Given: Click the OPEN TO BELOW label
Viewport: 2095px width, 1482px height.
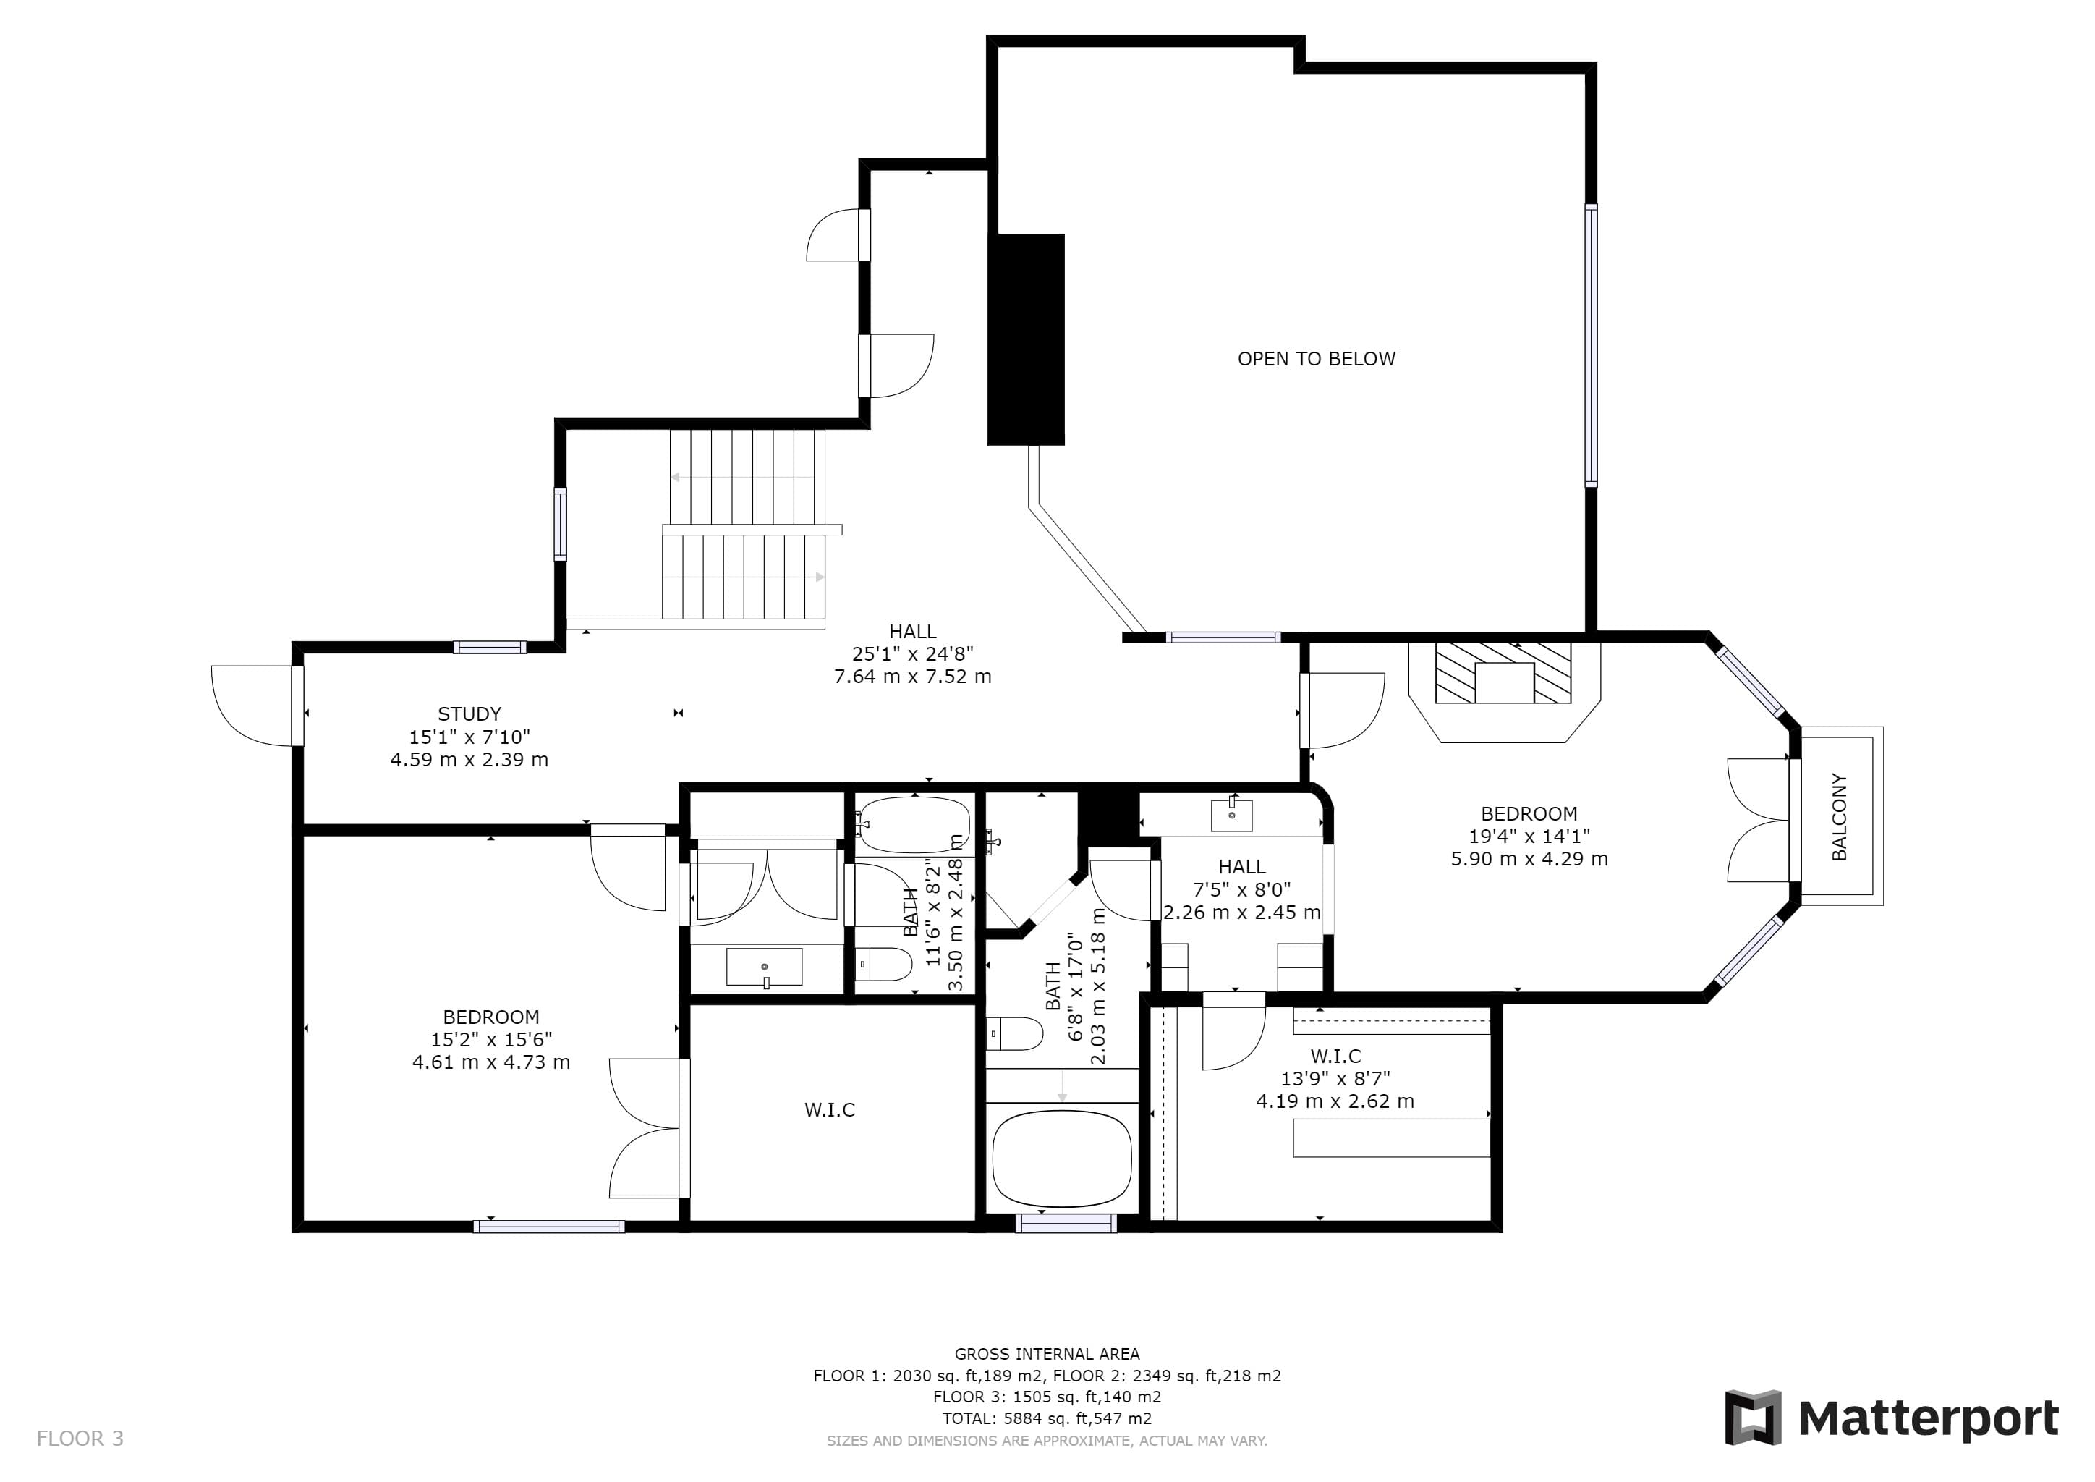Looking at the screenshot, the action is coord(1316,359).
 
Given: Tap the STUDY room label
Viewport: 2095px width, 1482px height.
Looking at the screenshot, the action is coord(469,714).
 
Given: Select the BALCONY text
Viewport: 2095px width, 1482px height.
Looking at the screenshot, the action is coord(1839,817).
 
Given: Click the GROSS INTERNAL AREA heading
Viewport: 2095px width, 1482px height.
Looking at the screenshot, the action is coord(1047,1354).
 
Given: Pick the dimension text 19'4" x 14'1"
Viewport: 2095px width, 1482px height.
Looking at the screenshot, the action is coord(1529,836).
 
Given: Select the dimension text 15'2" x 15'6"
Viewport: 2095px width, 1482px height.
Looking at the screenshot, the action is coord(491,1039).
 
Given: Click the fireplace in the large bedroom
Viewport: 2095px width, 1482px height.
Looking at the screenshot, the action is coord(1504,692).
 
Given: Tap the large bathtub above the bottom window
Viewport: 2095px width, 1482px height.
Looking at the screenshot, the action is coord(1062,1158).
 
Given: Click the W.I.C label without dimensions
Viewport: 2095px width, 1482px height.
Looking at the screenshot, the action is coord(830,1109).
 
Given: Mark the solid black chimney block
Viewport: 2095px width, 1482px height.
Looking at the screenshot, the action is coord(1027,339).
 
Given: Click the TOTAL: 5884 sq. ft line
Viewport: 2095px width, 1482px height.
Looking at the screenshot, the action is coord(1047,1418).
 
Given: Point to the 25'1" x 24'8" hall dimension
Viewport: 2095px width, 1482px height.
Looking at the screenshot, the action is coord(912,653).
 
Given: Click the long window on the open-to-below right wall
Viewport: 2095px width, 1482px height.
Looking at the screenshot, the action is coord(1592,345).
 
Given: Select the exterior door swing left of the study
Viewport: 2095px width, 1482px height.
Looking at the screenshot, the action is coord(252,706).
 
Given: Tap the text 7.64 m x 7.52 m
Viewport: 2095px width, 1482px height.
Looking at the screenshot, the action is coord(912,676).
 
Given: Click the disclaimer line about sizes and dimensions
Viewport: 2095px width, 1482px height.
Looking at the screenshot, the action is coord(1047,1441).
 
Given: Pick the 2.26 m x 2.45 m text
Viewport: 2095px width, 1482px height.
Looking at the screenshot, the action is coord(1242,912).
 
